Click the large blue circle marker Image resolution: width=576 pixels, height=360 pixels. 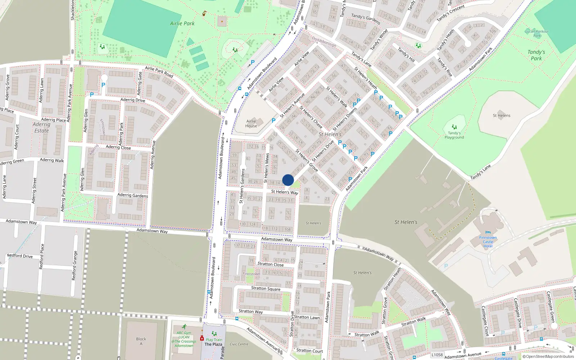pyautogui.click(x=288, y=180)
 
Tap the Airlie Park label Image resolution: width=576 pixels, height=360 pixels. pyautogui.click(x=182, y=23)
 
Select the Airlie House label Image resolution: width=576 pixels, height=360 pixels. pyautogui.click(x=251, y=123)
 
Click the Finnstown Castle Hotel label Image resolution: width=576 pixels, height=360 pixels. pyautogui.click(x=488, y=242)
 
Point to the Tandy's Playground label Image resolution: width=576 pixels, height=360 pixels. pyautogui.click(x=454, y=135)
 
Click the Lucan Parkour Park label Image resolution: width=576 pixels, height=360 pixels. pyautogui.click(x=537, y=33)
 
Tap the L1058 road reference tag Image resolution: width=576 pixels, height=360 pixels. pyautogui.click(x=437, y=355)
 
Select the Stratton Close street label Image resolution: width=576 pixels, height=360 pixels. pyautogui.click(x=270, y=264)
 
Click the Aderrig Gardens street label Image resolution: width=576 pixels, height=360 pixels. pyautogui.click(x=132, y=195)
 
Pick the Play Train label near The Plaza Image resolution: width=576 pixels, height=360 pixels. pyautogui.click(x=214, y=339)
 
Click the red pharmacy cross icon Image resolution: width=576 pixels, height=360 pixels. pyautogui.click(x=202, y=338)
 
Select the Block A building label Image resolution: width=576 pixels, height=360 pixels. pyautogui.click(x=141, y=341)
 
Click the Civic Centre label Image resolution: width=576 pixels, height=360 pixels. pyautogui.click(x=239, y=344)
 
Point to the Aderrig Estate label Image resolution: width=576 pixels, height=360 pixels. pyautogui.click(x=41, y=127)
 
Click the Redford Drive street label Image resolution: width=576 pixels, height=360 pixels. pyautogui.click(x=20, y=256)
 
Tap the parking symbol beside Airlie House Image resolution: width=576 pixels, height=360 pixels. pyautogui.click(x=274, y=121)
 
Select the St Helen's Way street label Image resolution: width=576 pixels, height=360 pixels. pyautogui.click(x=284, y=192)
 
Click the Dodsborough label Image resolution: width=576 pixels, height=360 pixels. pyautogui.click(x=324, y=42)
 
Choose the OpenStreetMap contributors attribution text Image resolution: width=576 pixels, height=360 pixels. pyautogui.click(x=548, y=357)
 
